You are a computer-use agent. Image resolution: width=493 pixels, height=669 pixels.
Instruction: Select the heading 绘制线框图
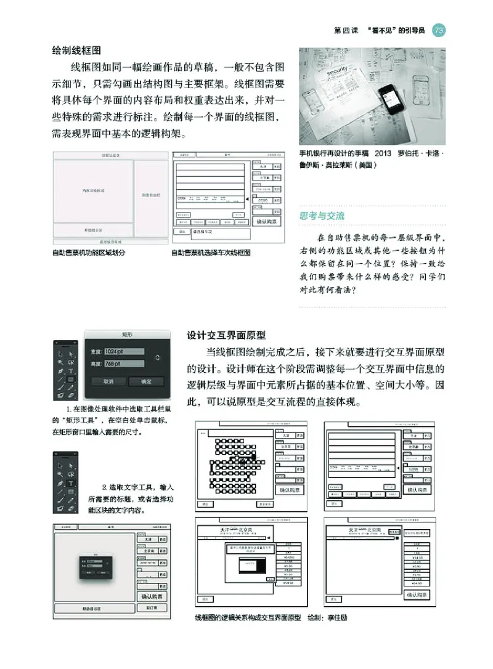coord(76,49)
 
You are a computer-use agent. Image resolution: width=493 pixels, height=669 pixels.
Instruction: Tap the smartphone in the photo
coord(394,96)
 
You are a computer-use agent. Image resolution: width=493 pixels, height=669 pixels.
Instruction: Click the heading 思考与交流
coord(322,216)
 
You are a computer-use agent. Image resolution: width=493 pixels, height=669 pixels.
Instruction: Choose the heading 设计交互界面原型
coord(226,335)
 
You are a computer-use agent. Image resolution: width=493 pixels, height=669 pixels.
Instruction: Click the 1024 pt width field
coord(124,351)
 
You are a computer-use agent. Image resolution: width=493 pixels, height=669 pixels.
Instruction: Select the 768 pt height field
coord(124,364)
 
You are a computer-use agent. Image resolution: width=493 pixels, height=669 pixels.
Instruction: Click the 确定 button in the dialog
coord(146,381)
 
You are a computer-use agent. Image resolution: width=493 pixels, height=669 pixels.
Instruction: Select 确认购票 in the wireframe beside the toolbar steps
coord(152,596)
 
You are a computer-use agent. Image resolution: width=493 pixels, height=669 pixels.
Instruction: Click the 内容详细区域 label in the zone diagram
coord(93,191)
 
